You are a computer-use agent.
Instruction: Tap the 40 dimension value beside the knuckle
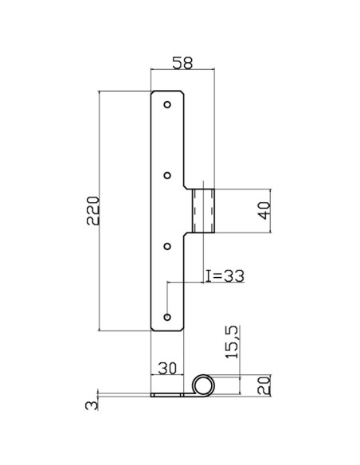[x=265, y=211]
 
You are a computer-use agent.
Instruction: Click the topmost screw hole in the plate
[x=167, y=104]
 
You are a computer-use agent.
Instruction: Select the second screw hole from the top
[x=167, y=175]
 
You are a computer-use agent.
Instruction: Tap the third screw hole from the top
[x=167, y=246]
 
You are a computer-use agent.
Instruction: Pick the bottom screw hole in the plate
[x=167, y=317]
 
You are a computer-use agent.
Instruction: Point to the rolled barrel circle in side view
[x=204, y=385]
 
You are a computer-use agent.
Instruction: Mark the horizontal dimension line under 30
[x=167, y=376]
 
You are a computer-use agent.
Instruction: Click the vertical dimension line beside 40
[x=272, y=211]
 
